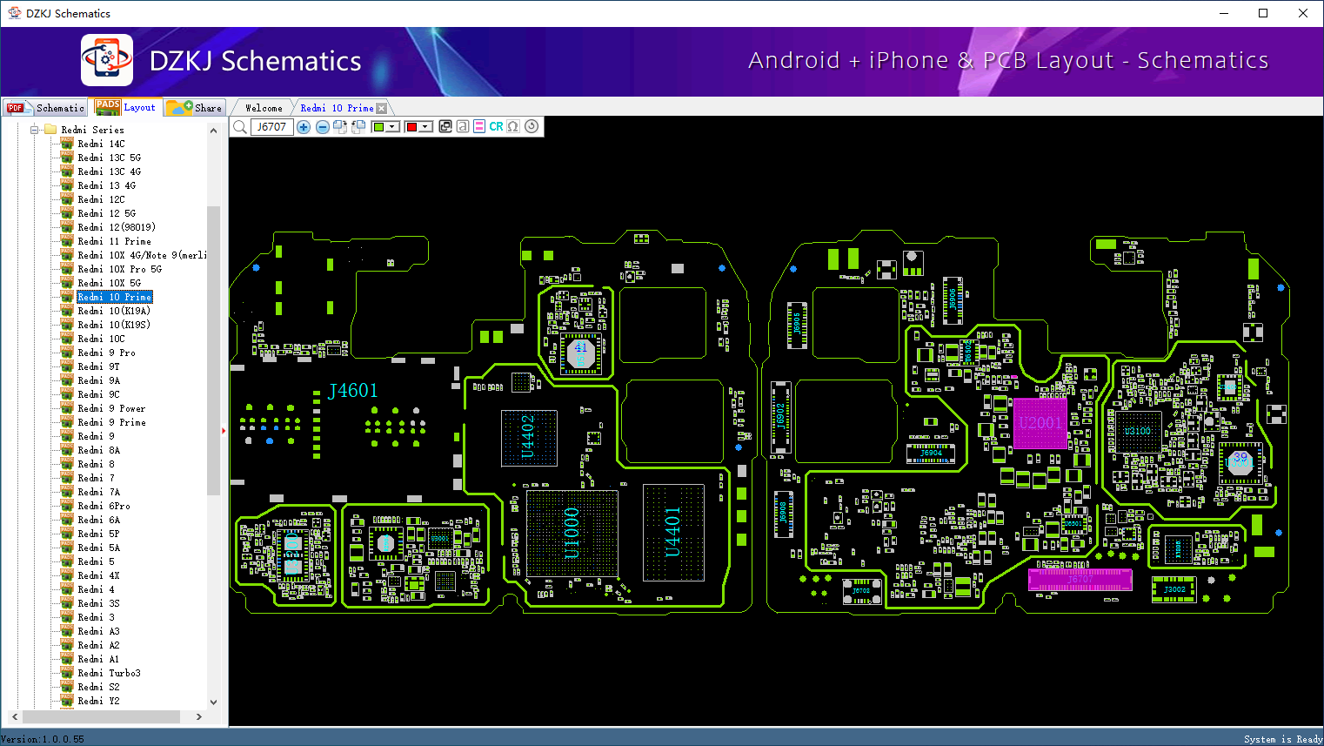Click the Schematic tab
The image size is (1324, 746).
pyautogui.click(x=47, y=108)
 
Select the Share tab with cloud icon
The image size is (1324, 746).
pyautogui.click(x=196, y=108)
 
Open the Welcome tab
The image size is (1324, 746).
pyautogui.click(x=264, y=108)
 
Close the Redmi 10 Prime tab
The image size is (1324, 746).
pyautogui.click(x=382, y=108)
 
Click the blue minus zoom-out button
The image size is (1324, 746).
pyautogui.click(x=322, y=127)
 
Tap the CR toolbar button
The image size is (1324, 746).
pyautogui.click(x=496, y=127)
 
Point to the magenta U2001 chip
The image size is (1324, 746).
pyautogui.click(x=1040, y=423)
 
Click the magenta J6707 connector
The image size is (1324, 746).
pyautogui.click(x=1080, y=580)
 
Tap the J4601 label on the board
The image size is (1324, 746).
pyautogui.click(x=352, y=391)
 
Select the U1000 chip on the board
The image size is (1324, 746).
pyautogui.click(x=572, y=532)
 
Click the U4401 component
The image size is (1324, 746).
pyautogui.click(x=672, y=532)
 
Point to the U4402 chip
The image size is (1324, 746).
pyautogui.click(x=528, y=436)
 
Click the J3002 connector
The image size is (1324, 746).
pyautogui.click(x=1174, y=589)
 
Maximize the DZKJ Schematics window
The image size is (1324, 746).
pyautogui.click(x=1263, y=13)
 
